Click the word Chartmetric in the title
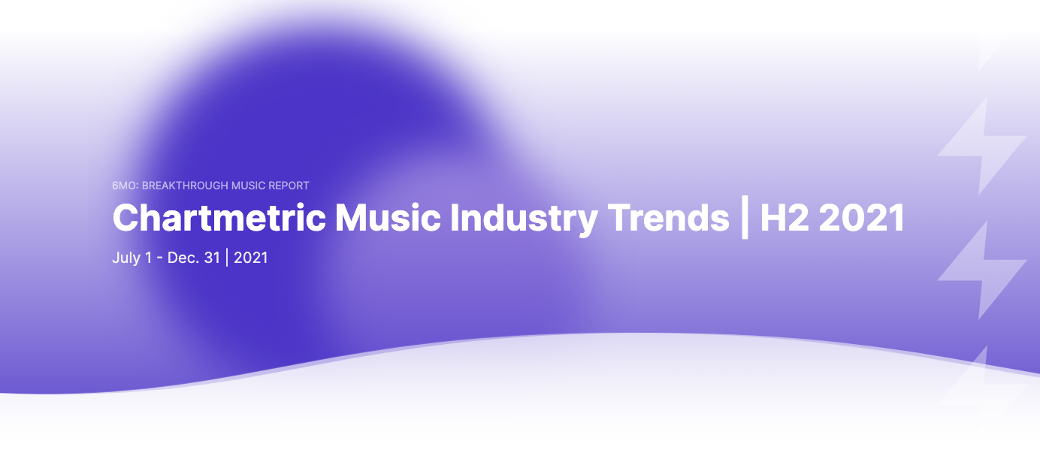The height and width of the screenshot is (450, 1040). tap(219, 219)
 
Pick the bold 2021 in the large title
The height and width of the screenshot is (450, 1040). tap(861, 219)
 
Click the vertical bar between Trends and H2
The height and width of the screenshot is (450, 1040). tap(745, 219)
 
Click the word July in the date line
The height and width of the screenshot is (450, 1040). tap(125, 258)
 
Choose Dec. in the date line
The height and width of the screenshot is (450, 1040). tap(183, 258)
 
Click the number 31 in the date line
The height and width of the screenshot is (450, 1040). tap(213, 258)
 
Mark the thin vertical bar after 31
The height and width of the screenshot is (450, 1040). tap(227, 258)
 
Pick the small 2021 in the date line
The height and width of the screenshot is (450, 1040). tap(251, 258)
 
